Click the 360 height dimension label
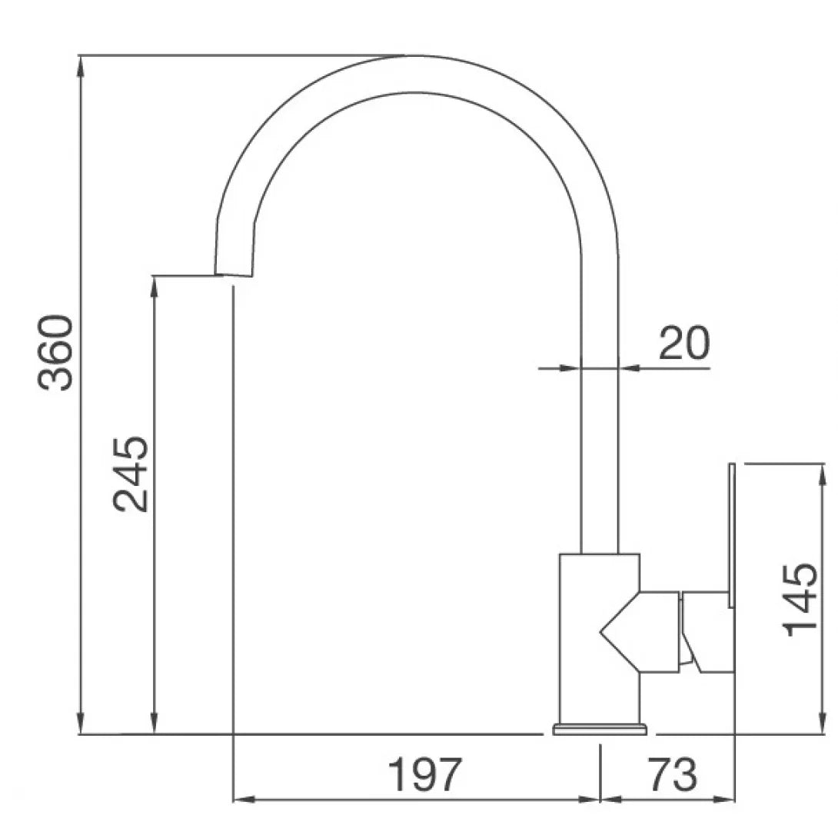click(x=55, y=353)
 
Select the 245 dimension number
click(x=131, y=474)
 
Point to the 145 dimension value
click(x=800, y=600)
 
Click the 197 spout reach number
click(x=424, y=774)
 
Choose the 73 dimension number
click(x=673, y=774)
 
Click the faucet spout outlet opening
click(x=233, y=276)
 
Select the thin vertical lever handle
click(x=732, y=535)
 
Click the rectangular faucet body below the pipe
click(x=600, y=639)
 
